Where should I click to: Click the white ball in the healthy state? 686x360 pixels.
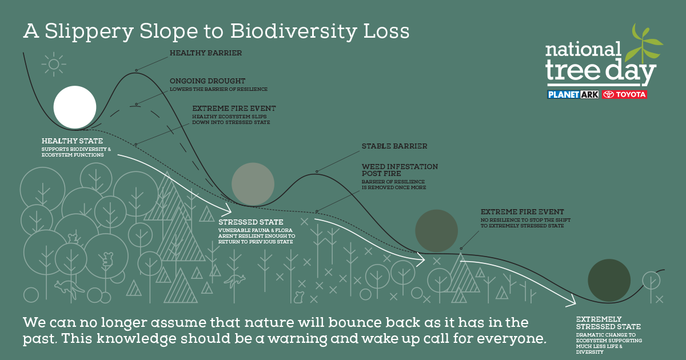[75, 107]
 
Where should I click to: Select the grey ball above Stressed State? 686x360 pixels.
[253, 184]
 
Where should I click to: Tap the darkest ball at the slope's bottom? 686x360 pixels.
[609, 281]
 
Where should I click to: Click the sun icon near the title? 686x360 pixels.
[54, 64]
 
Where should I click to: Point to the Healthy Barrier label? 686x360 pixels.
[206, 53]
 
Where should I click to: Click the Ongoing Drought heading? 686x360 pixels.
[208, 81]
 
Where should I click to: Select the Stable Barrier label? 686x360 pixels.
[394, 146]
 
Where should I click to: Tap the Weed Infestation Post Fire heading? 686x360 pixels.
[400, 170]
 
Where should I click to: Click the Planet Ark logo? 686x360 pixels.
[573, 94]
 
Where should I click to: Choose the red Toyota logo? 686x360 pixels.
[624, 94]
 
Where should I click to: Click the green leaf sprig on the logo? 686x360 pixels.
[643, 43]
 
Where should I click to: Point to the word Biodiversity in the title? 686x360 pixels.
[294, 31]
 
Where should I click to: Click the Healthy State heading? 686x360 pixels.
[72, 141]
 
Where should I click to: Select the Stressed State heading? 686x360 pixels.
[251, 222]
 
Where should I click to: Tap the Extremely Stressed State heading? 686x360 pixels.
[608, 323]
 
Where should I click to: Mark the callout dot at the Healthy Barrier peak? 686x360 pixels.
[136, 70]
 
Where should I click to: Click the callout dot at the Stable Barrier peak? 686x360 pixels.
[317, 171]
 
